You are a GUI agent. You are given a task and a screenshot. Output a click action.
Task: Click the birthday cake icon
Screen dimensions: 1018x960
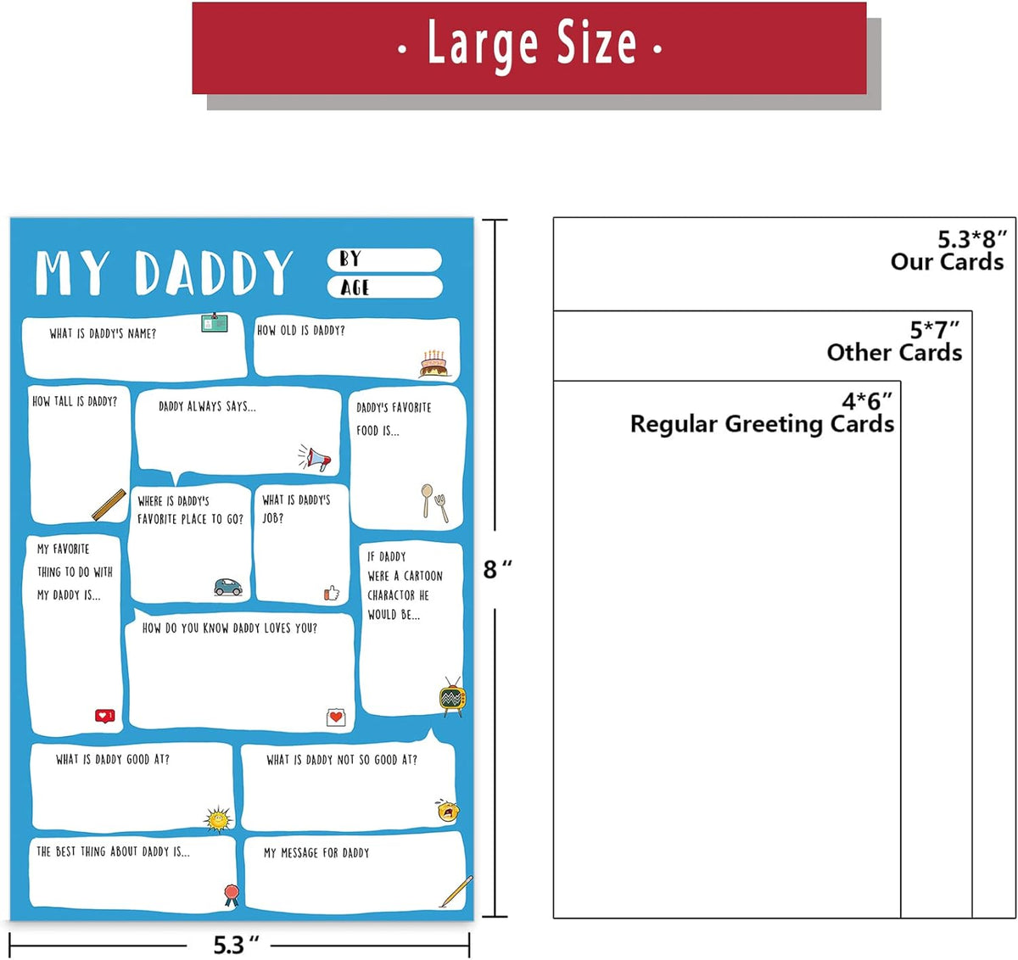tap(433, 364)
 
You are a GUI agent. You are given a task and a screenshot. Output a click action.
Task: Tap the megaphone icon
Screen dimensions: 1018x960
tap(316, 457)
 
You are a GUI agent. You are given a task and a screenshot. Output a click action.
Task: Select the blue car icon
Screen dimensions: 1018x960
tap(228, 587)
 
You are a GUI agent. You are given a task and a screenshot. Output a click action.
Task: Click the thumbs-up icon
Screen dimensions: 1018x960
tap(332, 593)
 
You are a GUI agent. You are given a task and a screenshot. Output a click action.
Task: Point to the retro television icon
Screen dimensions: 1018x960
tap(453, 696)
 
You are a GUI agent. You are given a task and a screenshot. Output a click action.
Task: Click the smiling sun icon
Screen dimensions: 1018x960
tap(218, 818)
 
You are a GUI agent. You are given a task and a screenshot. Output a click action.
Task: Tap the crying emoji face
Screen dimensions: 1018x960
tap(447, 811)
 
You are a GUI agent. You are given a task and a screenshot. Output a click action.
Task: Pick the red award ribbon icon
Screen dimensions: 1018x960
tap(232, 896)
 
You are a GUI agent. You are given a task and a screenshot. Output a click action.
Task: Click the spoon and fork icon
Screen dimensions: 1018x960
tap(434, 502)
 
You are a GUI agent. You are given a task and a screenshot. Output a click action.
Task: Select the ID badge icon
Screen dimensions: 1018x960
tap(215, 322)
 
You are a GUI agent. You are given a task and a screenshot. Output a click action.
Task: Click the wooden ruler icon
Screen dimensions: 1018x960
tap(109, 505)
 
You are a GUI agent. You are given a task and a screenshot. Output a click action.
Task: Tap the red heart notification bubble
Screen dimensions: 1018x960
tap(104, 716)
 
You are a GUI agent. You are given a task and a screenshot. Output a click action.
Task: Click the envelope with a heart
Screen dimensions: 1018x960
tap(336, 717)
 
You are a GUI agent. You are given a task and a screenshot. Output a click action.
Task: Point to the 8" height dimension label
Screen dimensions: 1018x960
tap(497, 569)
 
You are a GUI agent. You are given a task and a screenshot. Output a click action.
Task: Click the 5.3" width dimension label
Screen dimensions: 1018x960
tap(236, 944)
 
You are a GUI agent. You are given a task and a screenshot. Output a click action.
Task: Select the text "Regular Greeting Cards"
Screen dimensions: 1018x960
tap(762, 424)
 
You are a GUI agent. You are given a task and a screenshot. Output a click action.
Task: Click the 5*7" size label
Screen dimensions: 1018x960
tap(934, 330)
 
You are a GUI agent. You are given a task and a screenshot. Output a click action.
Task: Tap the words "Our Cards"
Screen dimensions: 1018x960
tap(947, 261)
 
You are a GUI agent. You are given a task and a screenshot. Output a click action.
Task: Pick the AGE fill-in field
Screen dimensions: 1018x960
tap(385, 287)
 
